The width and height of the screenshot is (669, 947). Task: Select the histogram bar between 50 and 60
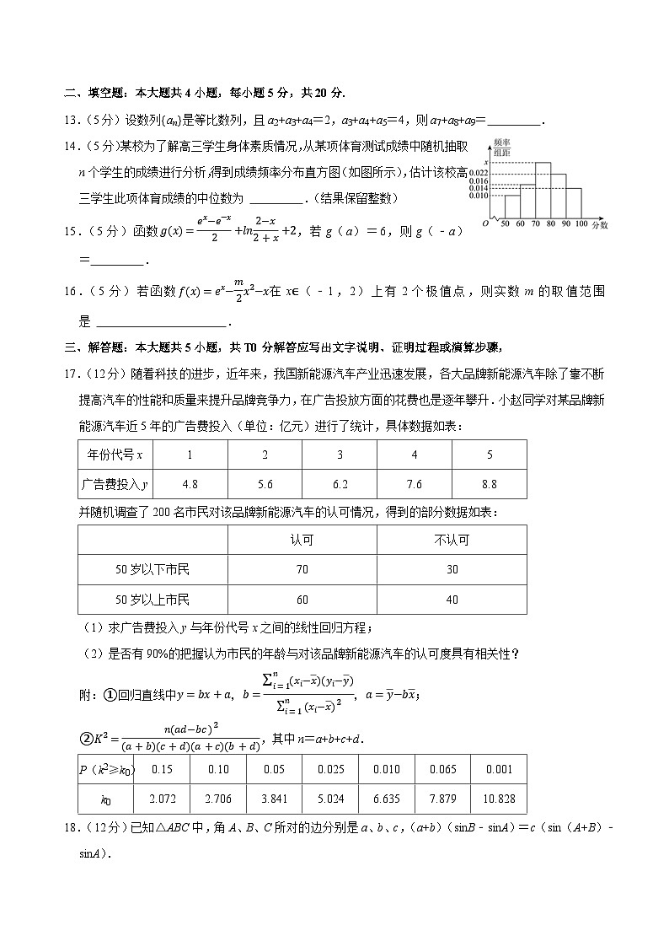[x=511, y=207]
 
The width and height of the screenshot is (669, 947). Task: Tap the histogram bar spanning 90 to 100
[x=574, y=202]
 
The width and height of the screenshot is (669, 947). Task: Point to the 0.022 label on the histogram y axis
[x=479, y=171]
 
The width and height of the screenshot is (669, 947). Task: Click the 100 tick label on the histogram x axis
[x=581, y=224]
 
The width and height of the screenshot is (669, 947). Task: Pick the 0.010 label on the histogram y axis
[x=479, y=196]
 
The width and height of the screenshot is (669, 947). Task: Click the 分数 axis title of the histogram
[x=599, y=225]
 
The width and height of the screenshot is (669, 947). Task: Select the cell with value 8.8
[x=489, y=484]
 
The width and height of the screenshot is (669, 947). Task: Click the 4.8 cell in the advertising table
[x=190, y=484]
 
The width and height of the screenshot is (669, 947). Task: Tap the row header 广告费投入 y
[x=115, y=484]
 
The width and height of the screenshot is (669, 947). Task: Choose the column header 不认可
[x=452, y=540]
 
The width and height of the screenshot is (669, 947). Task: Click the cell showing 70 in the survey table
[x=302, y=569]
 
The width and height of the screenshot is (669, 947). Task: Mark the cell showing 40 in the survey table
[x=452, y=600]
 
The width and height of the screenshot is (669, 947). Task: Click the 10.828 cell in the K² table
[x=498, y=798]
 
